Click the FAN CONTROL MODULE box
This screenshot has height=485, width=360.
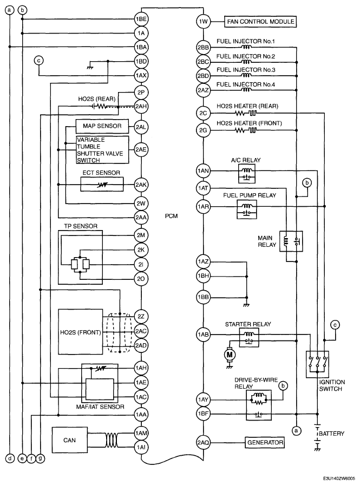pyautogui.click(x=260, y=22)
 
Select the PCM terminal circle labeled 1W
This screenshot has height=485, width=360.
pyautogui.click(x=203, y=22)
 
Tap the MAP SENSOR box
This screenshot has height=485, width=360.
pyautogui.click(x=102, y=126)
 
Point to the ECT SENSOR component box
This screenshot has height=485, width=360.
pyautogui.click(x=102, y=185)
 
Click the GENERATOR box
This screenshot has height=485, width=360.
pyautogui.click(x=265, y=442)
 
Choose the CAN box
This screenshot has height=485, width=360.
pyautogui.click(x=69, y=440)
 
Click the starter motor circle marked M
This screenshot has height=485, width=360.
pyautogui.click(x=230, y=354)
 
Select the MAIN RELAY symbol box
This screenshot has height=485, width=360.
pyautogui.click(x=291, y=241)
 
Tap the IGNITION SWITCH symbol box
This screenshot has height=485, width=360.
pyautogui.click(x=317, y=364)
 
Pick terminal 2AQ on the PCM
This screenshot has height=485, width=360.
pyautogui.click(x=203, y=443)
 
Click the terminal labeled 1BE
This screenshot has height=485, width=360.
pyautogui.click(x=141, y=19)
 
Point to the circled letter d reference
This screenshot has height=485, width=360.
pyautogui.click(x=10, y=458)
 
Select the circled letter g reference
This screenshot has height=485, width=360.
pyautogui.click(x=40, y=458)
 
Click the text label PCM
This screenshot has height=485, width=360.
pyautogui.click(x=172, y=216)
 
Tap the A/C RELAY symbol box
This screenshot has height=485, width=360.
pyautogui.click(x=247, y=174)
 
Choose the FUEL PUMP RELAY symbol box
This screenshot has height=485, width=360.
pyautogui.click(x=247, y=209)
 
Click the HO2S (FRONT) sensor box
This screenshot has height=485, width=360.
pyautogui.click(x=81, y=332)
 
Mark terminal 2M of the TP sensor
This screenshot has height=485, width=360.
pyautogui.click(x=141, y=235)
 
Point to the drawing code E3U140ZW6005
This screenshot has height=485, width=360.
pyautogui.click(x=339, y=478)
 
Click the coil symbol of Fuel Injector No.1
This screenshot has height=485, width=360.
pyautogui.click(x=246, y=47)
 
